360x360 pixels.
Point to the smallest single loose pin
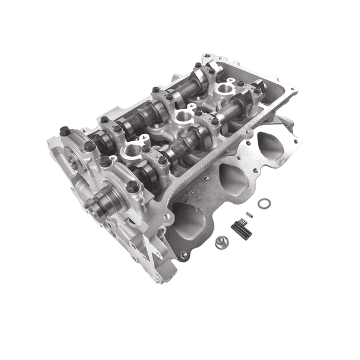point(249,216)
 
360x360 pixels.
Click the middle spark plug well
point(184,116)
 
